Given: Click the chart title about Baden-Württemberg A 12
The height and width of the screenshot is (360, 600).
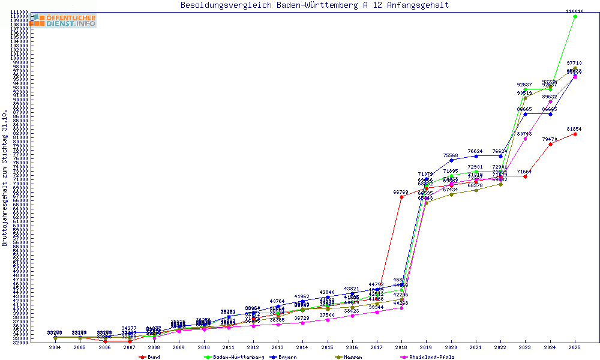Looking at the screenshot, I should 314,5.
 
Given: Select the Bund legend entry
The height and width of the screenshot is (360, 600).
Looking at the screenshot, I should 150,357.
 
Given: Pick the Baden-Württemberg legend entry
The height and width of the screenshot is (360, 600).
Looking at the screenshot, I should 234,357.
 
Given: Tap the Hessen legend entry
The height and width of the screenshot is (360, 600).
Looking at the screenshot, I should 348,357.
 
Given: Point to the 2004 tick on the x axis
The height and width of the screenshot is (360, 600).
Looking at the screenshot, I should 55,347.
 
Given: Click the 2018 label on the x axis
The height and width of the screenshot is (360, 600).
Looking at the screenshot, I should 401,347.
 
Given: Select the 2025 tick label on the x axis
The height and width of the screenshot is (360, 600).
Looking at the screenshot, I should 575,347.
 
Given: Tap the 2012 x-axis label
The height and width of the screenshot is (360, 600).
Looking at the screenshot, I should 253,347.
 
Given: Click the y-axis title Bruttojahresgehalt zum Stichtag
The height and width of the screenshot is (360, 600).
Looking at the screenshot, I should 5,178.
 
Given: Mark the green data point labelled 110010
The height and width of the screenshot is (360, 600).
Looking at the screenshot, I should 575,17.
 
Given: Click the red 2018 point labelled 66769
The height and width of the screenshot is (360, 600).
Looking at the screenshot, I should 401,197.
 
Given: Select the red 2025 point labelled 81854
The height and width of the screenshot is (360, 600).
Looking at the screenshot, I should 575,134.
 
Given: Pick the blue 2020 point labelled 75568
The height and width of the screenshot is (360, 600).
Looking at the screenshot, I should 451,160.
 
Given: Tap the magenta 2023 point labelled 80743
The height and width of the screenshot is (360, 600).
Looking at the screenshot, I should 526,139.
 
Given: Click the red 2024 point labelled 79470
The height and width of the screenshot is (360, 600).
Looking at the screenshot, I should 550,144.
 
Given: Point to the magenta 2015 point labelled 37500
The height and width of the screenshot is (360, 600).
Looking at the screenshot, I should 328,320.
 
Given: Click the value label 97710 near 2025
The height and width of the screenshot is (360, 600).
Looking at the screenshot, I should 574,63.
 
